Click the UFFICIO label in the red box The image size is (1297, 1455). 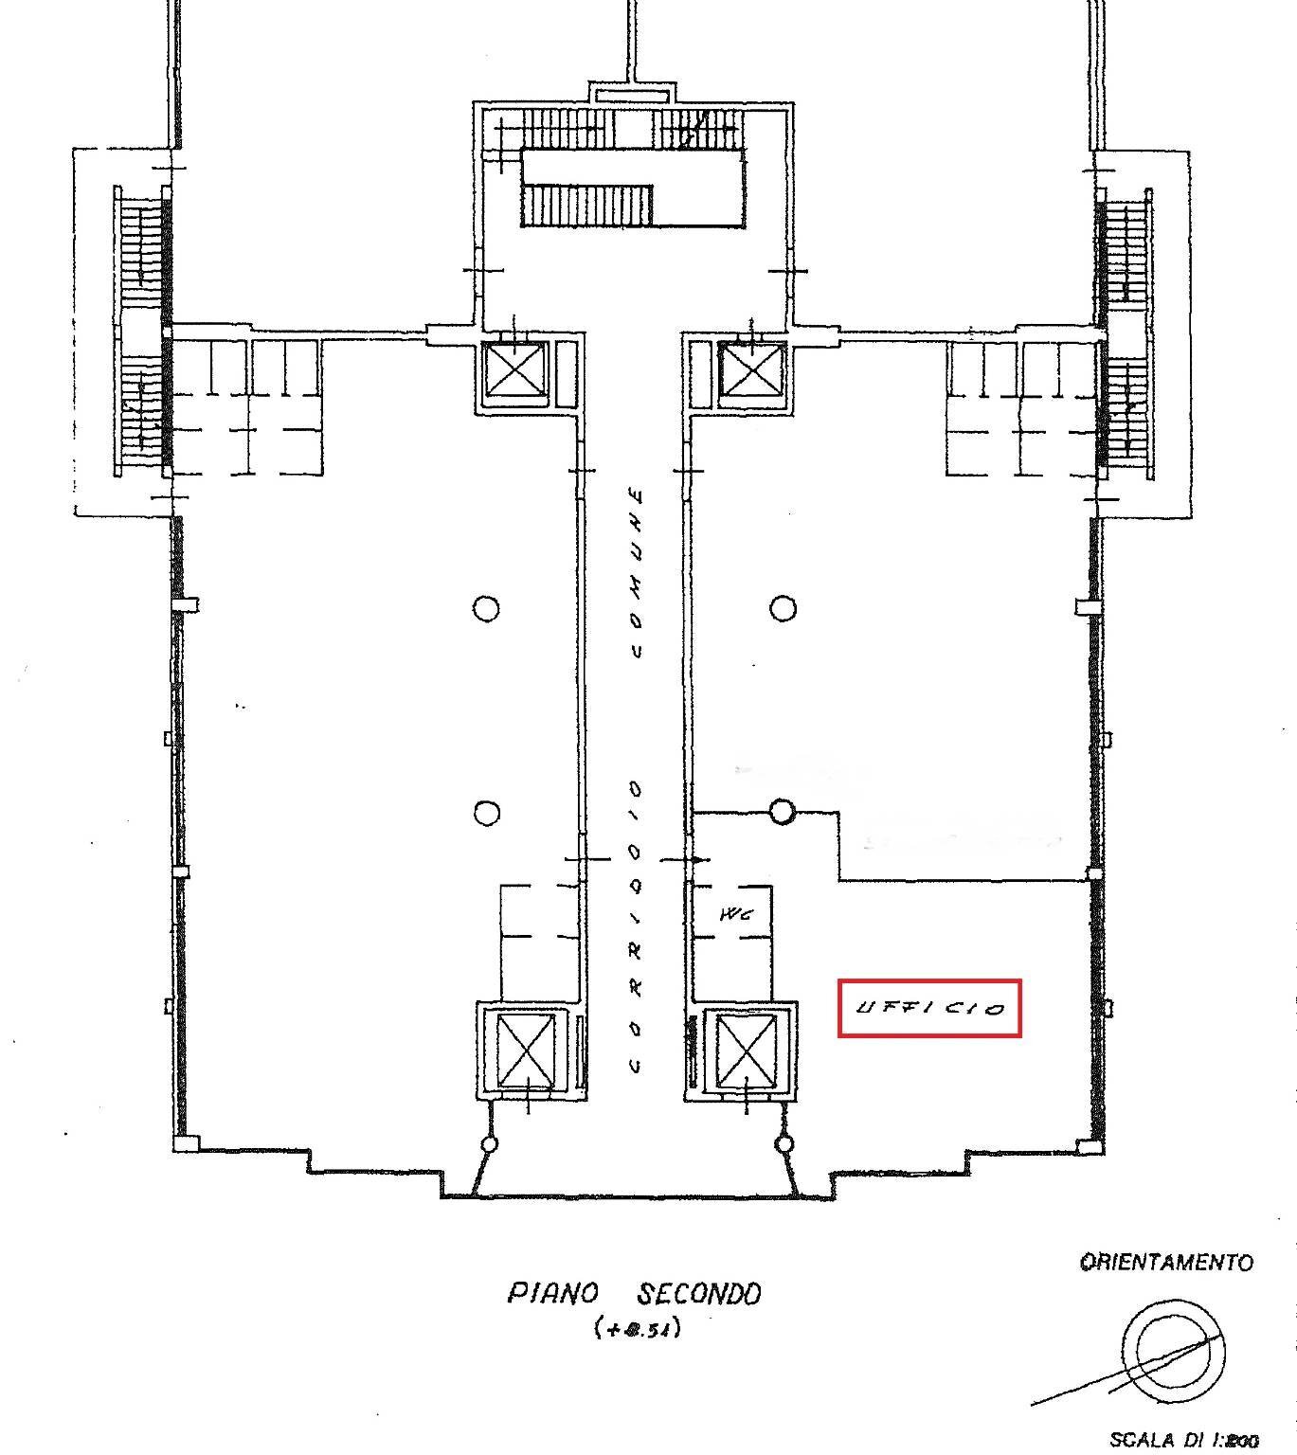(x=929, y=1009)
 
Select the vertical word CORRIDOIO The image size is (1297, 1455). (x=636, y=926)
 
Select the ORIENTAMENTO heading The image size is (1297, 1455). (x=1166, y=1262)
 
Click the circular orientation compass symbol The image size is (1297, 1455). (x=1173, y=1348)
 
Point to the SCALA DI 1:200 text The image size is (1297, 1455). (x=1183, y=1440)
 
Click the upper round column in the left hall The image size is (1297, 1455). (x=486, y=608)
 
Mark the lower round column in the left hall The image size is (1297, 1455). (x=486, y=813)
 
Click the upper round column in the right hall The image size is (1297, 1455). (x=783, y=608)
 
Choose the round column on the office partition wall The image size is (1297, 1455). (x=782, y=812)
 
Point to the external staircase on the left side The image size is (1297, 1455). (x=140, y=332)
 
